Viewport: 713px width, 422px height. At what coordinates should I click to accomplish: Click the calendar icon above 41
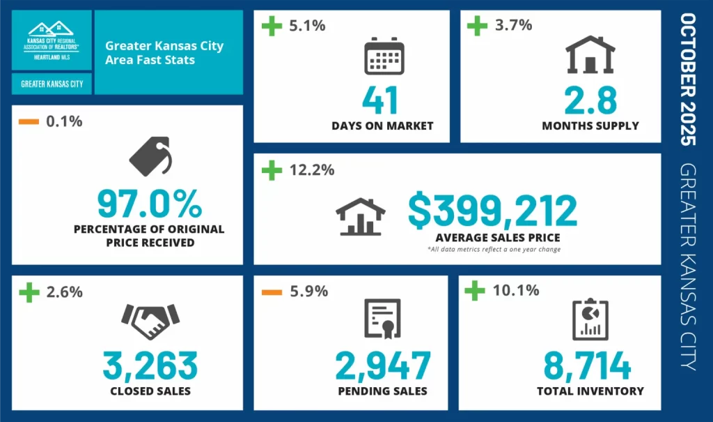pos(384,56)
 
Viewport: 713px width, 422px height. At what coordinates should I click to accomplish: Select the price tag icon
pos(150,156)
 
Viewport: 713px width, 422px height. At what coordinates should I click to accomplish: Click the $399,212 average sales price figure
pos(492,211)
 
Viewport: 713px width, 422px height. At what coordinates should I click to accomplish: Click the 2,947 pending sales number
pos(382,366)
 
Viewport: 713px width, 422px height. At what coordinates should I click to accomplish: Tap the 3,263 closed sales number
pos(150,366)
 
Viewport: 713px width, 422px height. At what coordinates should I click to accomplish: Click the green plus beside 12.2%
pos(270,169)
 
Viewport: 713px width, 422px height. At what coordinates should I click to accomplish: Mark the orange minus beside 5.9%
pos(270,292)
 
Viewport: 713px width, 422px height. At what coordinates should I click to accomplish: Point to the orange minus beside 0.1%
pos(29,121)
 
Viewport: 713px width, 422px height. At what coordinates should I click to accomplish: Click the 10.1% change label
pos(516,290)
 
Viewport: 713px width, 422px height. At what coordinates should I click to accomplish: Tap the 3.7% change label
pos(513,26)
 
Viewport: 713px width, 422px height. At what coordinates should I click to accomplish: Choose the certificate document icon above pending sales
pos(382,320)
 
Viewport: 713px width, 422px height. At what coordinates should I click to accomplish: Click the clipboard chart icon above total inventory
pos(590,320)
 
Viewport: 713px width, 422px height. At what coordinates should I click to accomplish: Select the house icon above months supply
pos(590,54)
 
